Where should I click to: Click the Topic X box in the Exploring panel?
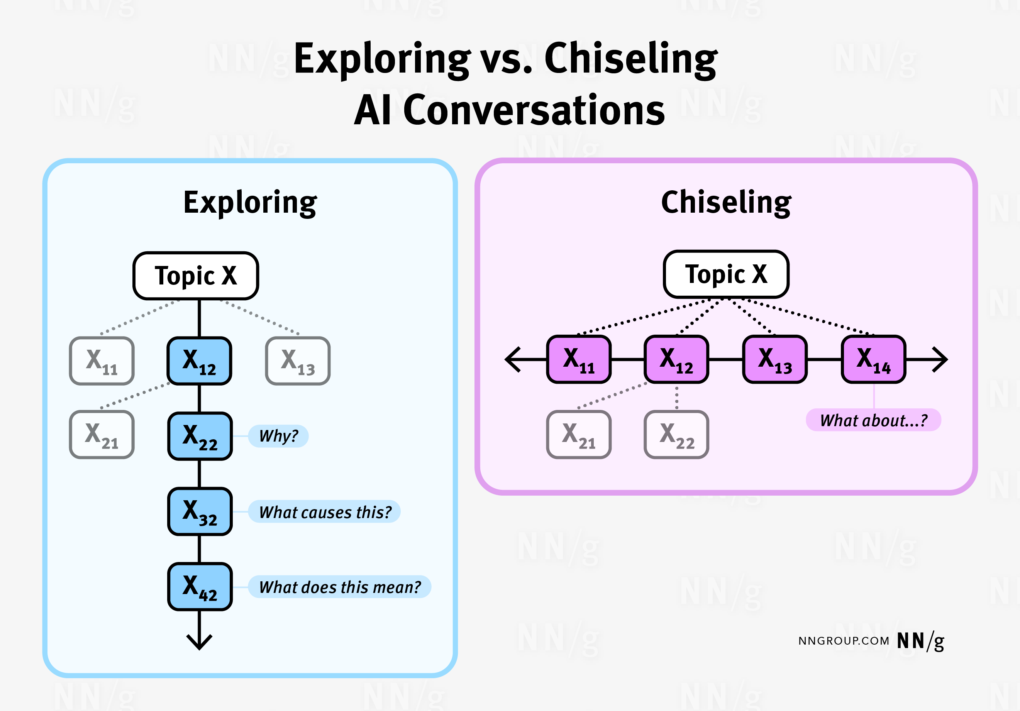tap(195, 276)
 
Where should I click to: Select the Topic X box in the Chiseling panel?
tap(726, 274)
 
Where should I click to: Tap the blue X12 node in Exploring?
tap(200, 361)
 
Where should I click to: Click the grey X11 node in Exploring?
tap(102, 361)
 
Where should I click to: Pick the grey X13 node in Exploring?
tap(298, 361)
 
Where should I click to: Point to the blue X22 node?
tap(200, 436)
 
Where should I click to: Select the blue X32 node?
tap(200, 511)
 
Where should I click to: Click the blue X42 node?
tap(200, 586)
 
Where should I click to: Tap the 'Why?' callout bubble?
tap(278, 436)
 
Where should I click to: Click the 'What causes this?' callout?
tap(324, 511)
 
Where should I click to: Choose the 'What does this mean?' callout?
tap(339, 587)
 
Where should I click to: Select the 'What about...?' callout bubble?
tap(873, 420)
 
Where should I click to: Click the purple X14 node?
tap(873, 359)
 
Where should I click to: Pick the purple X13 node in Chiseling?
tap(775, 359)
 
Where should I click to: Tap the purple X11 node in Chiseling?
tap(579, 359)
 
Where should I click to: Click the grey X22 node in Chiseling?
tap(676, 434)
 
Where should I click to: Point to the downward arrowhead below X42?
tap(200, 643)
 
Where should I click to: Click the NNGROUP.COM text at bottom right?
tap(843, 641)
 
